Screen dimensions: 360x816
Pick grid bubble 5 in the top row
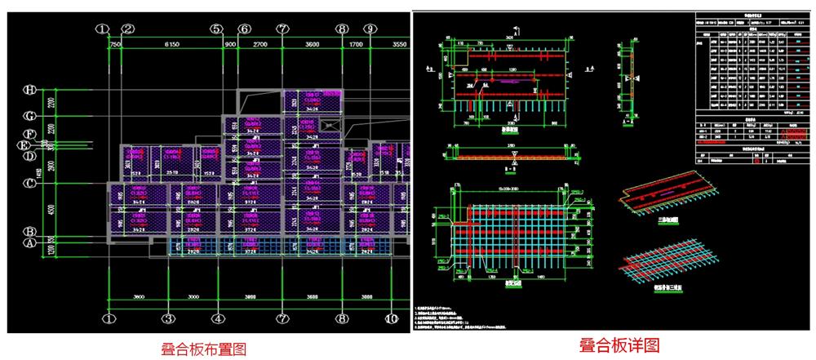[216, 29]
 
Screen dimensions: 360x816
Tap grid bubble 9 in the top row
[370, 29]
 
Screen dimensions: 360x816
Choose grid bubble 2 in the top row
[127, 29]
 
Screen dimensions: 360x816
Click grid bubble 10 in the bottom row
[392, 318]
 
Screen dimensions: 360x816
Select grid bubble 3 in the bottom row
[167, 318]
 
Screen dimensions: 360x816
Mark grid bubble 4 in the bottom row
[216, 318]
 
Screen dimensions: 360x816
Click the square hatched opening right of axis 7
[328, 124]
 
